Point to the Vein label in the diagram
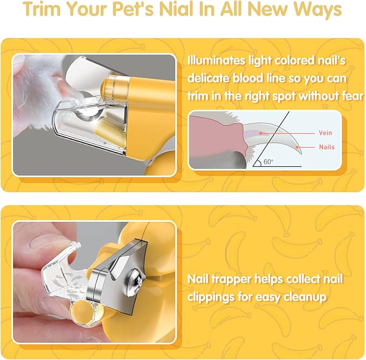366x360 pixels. (x=326, y=133)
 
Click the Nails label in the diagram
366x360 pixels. (x=327, y=147)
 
